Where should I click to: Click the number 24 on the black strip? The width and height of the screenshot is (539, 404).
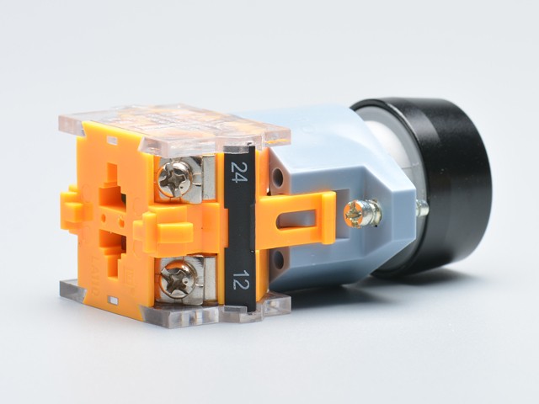(x=239, y=172)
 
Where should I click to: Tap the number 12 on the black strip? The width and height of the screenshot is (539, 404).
(x=240, y=279)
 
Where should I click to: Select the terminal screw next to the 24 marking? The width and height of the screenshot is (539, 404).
(x=175, y=179)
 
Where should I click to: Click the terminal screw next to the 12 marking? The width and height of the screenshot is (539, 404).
(x=178, y=279)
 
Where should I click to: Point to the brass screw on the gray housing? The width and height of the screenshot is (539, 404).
(x=362, y=214)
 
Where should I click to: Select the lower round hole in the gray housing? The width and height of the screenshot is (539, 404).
(x=279, y=259)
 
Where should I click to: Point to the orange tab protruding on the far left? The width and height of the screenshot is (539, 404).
(x=72, y=210)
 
